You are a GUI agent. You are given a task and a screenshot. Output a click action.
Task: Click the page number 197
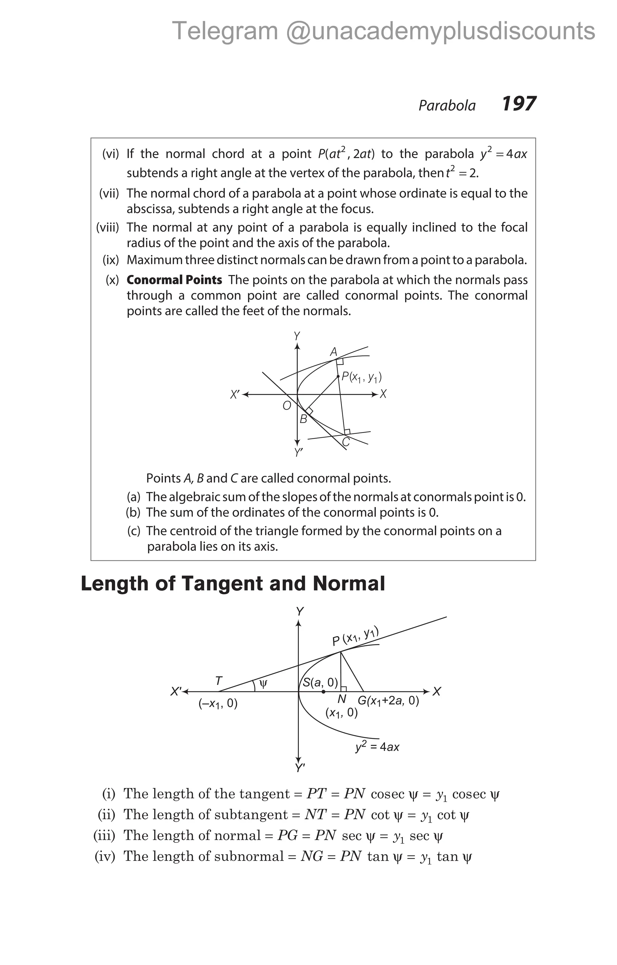pos(518,104)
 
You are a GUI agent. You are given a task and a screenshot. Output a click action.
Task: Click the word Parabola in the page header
pos(447,105)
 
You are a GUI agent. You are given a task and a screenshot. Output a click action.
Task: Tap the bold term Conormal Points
pos(174,280)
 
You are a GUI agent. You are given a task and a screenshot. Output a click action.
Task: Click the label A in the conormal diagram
pos(334,352)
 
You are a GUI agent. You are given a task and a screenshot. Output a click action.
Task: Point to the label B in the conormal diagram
pos(303,419)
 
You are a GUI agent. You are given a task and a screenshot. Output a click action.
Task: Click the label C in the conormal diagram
pos(346,442)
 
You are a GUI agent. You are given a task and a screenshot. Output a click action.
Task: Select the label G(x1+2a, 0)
pos(388,701)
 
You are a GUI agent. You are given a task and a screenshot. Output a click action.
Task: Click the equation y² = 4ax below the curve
pos(377,747)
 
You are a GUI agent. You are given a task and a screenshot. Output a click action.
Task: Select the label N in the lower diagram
pos(342,699)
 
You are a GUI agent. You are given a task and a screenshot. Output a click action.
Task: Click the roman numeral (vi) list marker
pos(111,154)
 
